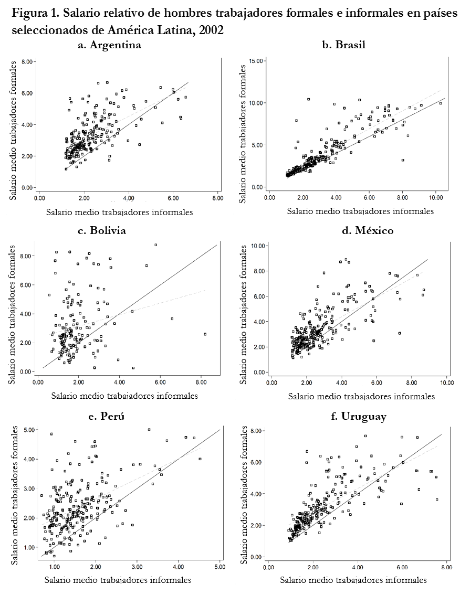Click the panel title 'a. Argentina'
(109, 45)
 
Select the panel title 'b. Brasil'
(343, 45)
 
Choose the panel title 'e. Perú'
(107, 417)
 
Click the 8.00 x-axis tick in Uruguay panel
(446, 567)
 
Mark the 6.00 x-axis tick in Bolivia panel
(160, 383)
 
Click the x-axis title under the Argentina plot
(119, 212)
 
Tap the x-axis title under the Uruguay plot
(353, 580)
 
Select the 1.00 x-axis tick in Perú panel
(54, 567)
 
